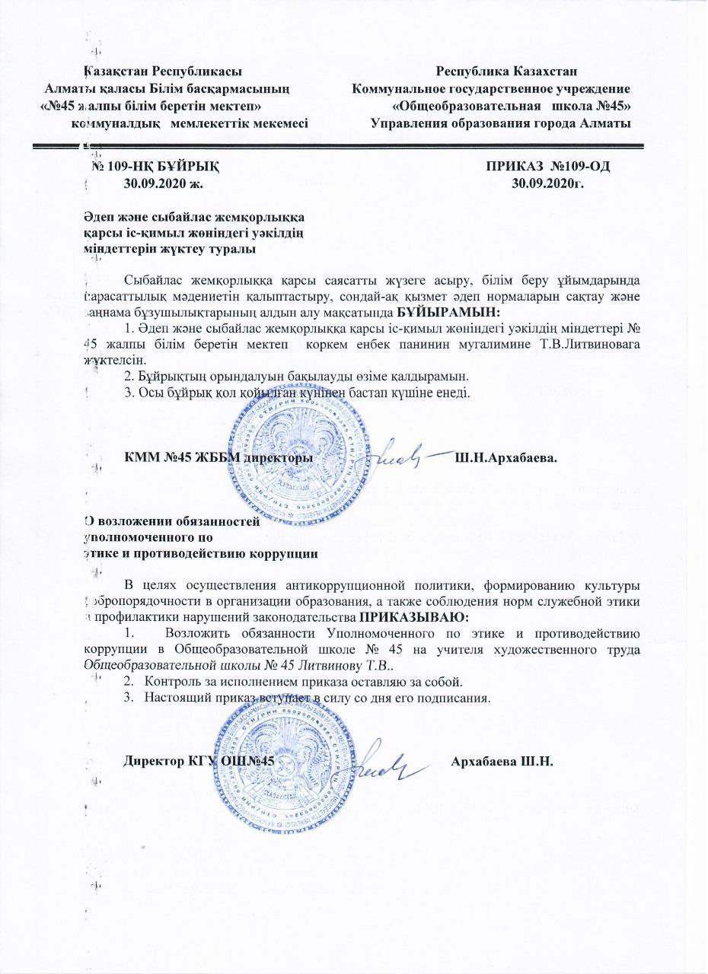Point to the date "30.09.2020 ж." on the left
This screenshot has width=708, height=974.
pos(164,183)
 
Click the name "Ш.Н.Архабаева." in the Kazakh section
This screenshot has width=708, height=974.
pos(506,459)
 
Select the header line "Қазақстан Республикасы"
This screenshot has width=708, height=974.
pos(163,72)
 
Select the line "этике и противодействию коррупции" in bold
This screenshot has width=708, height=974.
pos(201,553)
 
